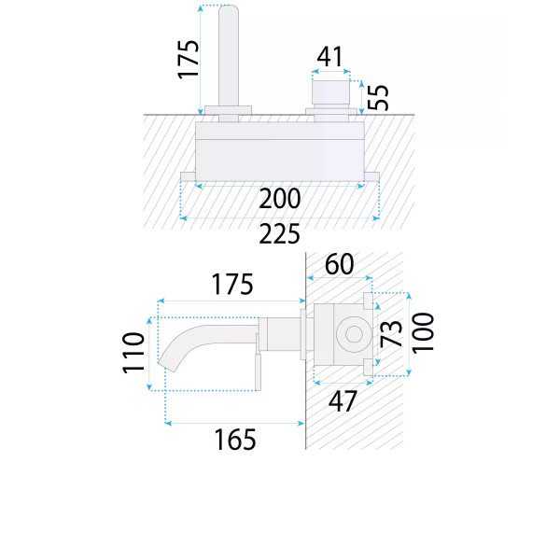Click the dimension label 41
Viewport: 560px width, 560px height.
(x=330, y=57)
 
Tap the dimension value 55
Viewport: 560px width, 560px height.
(x=378, y=97)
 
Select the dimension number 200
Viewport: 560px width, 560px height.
(x=280, y=199)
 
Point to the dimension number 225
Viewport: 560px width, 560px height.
(x=280, y=234)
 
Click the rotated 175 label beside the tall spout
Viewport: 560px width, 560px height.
(x=188, y=60)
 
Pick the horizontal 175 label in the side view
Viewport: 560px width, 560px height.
(x=232, y=285)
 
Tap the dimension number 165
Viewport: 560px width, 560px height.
(x=235, y=440)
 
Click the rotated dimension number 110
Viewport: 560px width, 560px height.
(x=133, y=353)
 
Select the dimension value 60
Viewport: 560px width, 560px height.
(x=340, y=264)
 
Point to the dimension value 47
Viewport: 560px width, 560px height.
(x=343, y=401)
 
